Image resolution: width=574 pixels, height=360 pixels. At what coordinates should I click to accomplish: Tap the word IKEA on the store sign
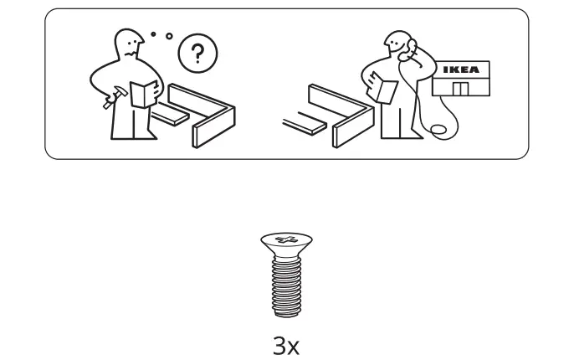(461, 70)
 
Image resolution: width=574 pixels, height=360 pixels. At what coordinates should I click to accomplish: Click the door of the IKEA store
(459, 90)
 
